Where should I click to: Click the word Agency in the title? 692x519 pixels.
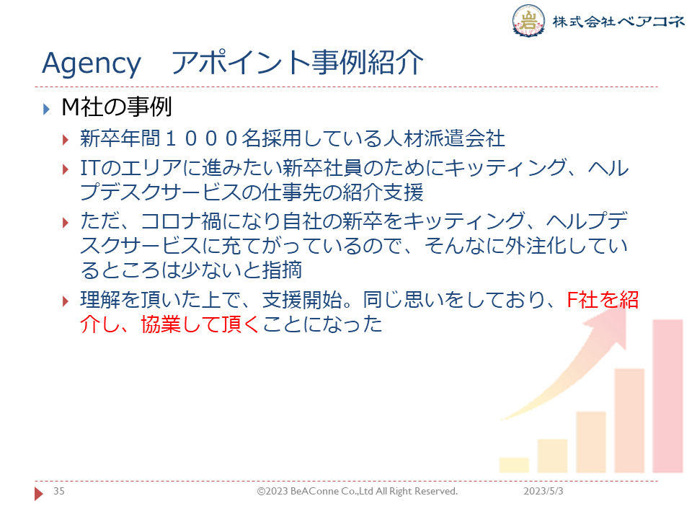point(92,64)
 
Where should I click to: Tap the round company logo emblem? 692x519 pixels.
point(528,20)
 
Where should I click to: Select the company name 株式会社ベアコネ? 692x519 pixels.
point(618,21)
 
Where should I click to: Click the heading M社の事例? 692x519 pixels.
point(117,107)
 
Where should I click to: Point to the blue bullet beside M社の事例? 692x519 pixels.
point(46,109)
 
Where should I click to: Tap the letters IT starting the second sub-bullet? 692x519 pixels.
point(88,168)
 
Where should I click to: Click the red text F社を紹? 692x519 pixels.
point(603,300)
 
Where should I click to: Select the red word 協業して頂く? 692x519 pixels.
point(200,324)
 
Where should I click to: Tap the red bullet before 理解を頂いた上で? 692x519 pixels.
point(66,301)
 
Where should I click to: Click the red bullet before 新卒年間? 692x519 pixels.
point(66,141)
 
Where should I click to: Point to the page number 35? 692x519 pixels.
point(58,491)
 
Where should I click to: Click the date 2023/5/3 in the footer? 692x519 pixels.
point(544,491)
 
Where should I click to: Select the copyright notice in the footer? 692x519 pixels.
point(358,491)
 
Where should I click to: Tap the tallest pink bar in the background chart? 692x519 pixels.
point(667,396)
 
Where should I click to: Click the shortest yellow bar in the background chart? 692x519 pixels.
point(514,465)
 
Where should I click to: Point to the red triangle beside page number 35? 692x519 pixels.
point(38,493)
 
